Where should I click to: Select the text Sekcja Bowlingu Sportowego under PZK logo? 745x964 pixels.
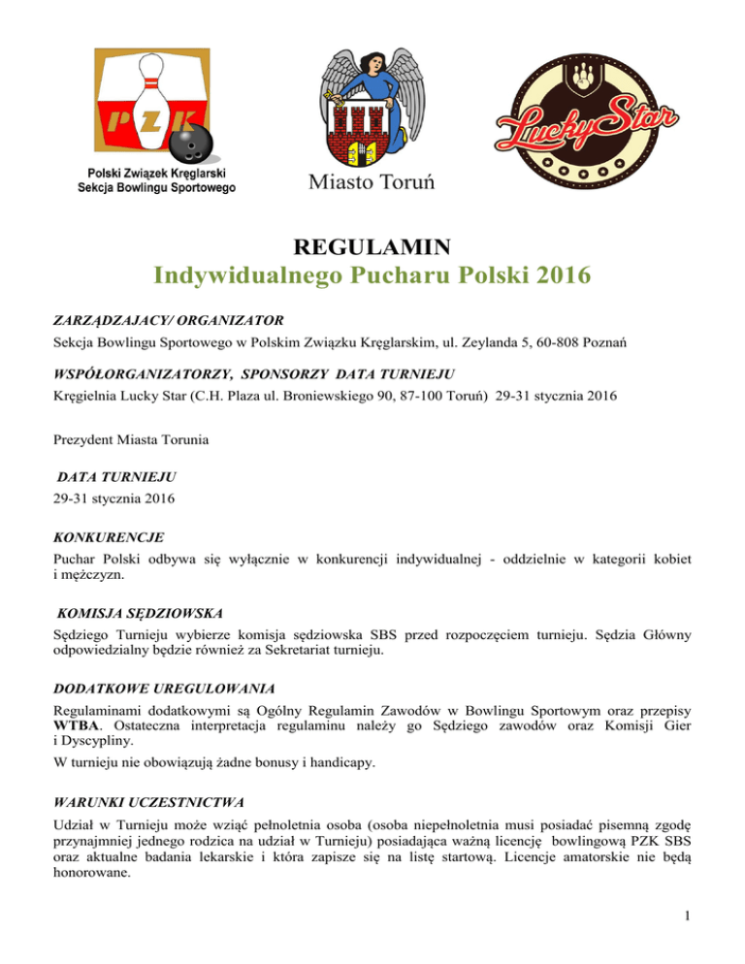point(156,187)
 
